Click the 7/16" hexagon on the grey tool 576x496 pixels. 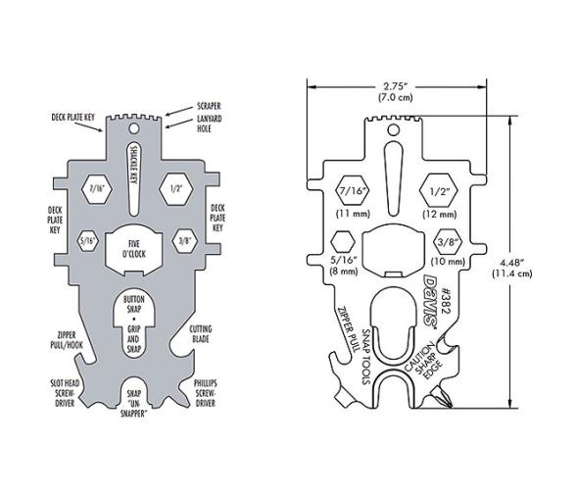[x=96, y=187]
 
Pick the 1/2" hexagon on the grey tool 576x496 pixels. [x=176, y=187]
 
